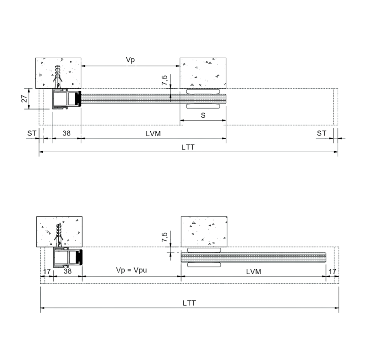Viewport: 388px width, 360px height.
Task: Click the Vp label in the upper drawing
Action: point(131,60)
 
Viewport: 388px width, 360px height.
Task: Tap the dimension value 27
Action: point(24,99)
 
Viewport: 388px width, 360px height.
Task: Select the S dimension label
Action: point(203,115)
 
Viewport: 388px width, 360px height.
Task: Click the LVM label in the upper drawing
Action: point(153,134)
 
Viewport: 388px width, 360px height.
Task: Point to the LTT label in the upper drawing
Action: point(188,147)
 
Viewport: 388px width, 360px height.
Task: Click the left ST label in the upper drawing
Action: point(32,133)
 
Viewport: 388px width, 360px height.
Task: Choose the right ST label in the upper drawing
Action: point(322,133)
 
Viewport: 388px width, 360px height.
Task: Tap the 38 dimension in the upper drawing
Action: point(66,133)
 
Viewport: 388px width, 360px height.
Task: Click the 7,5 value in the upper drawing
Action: point(164,80)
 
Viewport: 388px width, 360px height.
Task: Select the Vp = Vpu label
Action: point(131,270)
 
